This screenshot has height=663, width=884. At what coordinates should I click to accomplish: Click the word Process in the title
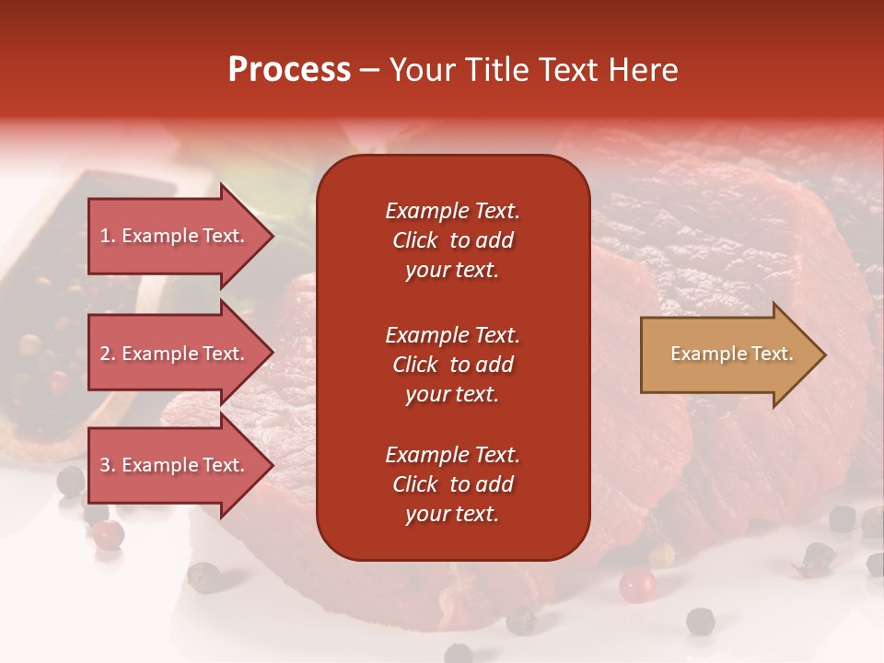(x=289, y=70)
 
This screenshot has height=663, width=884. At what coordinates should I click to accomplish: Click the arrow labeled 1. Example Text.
(x=175, y=236)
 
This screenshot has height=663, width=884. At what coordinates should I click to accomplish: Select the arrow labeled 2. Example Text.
(x=175, y=354)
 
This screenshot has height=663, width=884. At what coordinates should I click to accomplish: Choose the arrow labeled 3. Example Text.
(x=175, y=465)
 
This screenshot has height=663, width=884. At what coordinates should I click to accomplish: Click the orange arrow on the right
(x=727, y=355)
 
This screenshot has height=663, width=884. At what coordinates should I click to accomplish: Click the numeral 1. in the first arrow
(x=108, y=236)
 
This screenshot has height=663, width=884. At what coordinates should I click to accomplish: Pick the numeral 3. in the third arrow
(x=108, y=465)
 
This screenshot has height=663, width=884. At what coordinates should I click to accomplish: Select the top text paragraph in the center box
(x=452, y=240)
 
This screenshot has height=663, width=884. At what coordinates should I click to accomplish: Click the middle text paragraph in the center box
(x=452, y=364)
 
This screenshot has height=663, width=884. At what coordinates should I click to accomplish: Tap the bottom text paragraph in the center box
(x=452, y=484)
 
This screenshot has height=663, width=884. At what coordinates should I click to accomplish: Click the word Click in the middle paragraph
(x=414, y=365)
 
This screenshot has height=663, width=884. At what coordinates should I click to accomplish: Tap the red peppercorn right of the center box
(x=636, y=584)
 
